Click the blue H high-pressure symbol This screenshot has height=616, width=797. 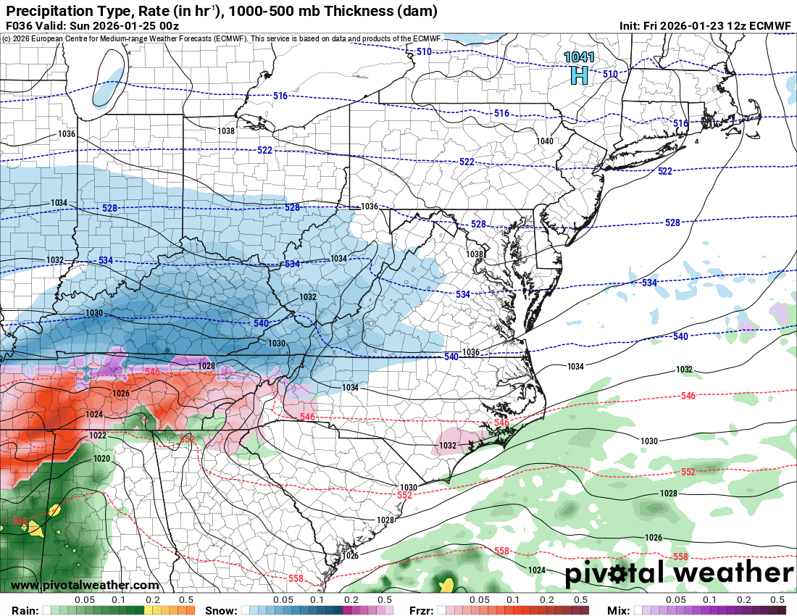pyautogui.click(x=579, y=75)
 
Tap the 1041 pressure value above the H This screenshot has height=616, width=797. pyautogui.click(x=579, y=57)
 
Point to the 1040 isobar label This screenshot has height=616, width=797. pyautogui.click(x=545, y=141)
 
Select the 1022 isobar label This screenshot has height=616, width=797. pyautogui.click(x=98, y=436)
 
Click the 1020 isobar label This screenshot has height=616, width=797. pyautogui.click(x=101, y=459)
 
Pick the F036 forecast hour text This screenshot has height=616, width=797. pyautogui.click(x=21, y=25)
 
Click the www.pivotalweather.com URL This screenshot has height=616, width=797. pyautogui.click(x=85, y=585)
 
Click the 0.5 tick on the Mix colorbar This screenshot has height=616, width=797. pyautogui.click(x=777, y=600)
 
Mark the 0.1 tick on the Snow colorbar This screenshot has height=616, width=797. pyautogui.click(x=317, y=600)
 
